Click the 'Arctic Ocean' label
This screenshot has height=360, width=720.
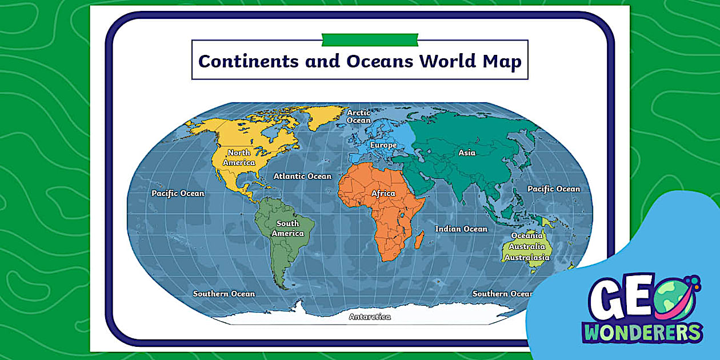[x=359, y=117]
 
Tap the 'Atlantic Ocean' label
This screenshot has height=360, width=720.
[x=302, y=176]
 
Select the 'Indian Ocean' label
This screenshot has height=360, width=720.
[x=461, y=229]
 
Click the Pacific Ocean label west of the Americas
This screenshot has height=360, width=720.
[x=178, y=193]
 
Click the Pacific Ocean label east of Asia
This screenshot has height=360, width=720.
[x=553, y=189]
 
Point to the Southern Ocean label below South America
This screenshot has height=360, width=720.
[x=224, y=294]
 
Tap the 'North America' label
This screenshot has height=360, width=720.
[x=239, y=158]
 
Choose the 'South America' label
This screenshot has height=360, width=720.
[x=287, y=229]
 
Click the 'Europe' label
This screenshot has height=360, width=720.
[x=383, y=145]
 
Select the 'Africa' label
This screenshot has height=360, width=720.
[x=383, y=193]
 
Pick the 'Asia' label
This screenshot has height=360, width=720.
[x=467, y=153]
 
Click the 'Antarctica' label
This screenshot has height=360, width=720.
[x=370, y=317]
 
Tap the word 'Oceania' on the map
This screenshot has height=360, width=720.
[x=527, y=235]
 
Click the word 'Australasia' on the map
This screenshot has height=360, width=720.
[x=527, y=258]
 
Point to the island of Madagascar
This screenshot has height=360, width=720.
[x=419, y=240]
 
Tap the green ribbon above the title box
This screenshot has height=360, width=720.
[x=370, y=39]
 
